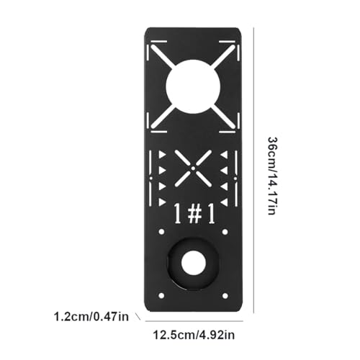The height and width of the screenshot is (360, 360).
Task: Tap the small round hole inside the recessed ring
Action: click(192, 263)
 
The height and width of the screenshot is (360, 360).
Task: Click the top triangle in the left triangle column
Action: click(162, 156)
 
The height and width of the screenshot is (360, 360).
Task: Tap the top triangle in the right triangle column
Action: click(224, 156)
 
